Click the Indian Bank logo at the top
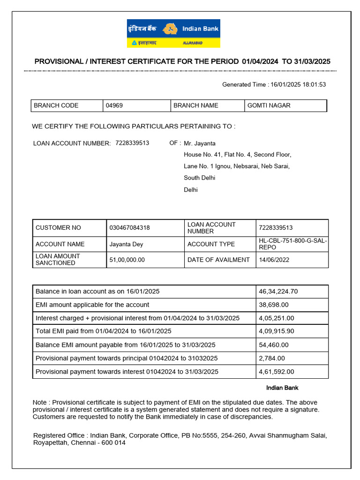tap(173, 33)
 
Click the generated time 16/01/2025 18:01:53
tap(298, 85)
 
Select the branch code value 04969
tap(114, 105)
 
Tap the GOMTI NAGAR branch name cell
tap(269, 105)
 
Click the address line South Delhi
tap(200, 178)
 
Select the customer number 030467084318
tap(130, 228)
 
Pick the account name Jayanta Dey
tap(127, 244)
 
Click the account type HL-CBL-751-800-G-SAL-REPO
tap(293, 244)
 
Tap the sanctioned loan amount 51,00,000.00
tap(127, 260)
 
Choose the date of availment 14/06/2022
tap(275, 260)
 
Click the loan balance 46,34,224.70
tap(278, 292)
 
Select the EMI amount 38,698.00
tap(273, 305)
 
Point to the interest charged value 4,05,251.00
tap(276, 318)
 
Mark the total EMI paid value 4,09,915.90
tap(276, 331)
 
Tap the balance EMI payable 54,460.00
tap(273, 345)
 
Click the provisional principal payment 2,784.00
tap(271, 359)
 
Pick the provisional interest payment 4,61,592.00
tap(276, 372)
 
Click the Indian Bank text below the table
tap(282, 388)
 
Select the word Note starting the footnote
tap(40, 403)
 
